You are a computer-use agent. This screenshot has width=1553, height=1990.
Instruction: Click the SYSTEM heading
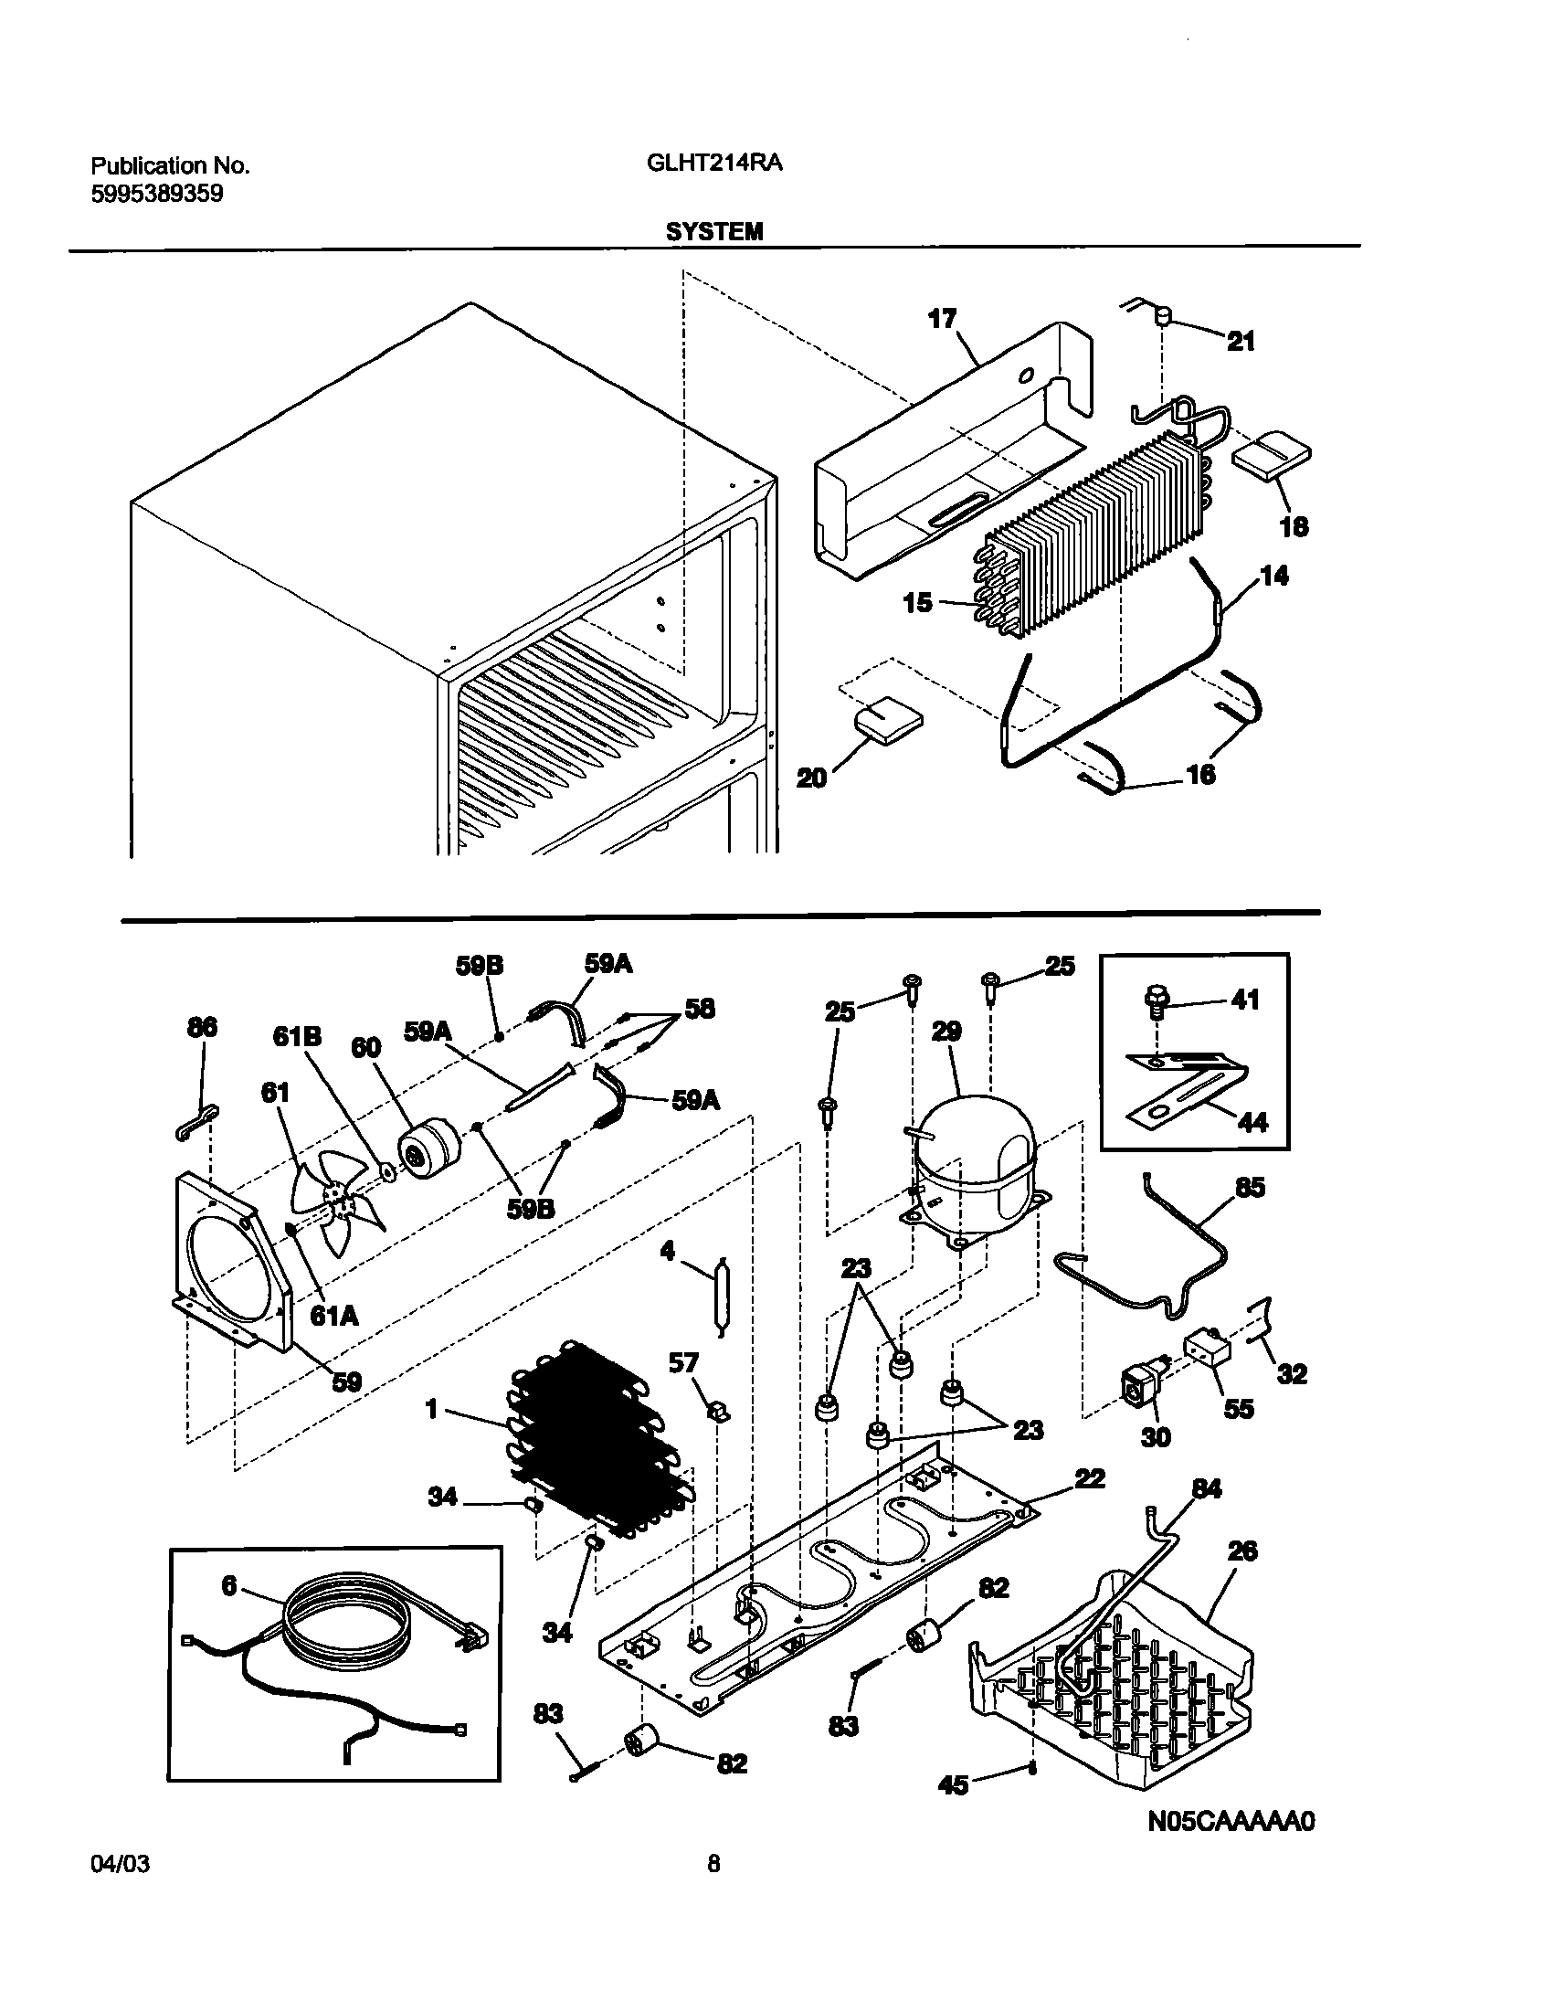point(713,232)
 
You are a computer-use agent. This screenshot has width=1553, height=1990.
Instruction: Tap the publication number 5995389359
point(157,194)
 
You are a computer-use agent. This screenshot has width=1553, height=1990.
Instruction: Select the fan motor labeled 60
point(429,1151)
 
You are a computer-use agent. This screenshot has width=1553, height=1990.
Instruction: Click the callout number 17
point(942,319)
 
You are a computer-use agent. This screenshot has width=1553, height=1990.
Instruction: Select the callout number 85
point(1250,1187)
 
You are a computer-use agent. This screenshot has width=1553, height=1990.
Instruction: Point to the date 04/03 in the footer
point(121,1889)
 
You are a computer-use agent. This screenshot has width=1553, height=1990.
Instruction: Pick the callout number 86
point(202,1027)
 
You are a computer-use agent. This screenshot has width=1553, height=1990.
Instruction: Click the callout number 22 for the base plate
point(1089,1478)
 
